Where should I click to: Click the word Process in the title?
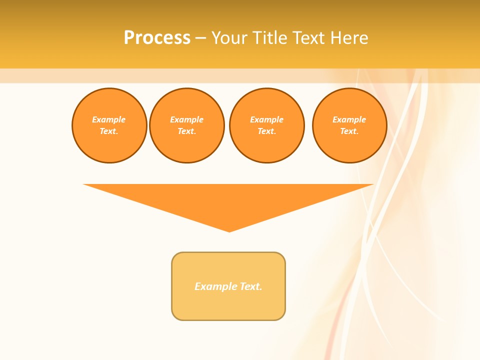[157, 38]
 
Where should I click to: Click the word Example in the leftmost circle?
[109, 119]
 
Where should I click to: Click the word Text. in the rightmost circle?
[349, 131]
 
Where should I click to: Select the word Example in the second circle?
[186, 119]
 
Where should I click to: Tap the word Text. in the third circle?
[266, 131]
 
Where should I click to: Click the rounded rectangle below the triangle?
[228, 305]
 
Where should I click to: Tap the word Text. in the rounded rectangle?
[251, 286]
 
